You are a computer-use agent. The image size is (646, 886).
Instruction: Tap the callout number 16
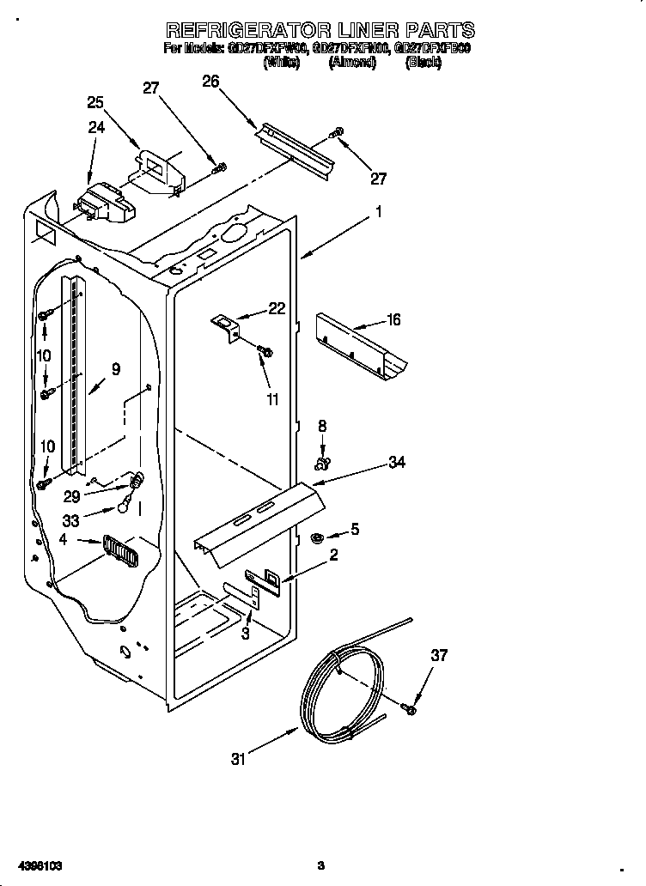tap(393, 320)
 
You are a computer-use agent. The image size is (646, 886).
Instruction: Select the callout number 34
tap(397, 463)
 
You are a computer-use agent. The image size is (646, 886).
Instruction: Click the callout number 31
tap(238, 758)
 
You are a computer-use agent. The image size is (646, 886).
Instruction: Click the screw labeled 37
tap(409, 709)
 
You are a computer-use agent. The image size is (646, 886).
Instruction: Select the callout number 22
tap(277, 309)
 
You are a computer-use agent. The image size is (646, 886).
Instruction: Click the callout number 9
tap(115, 369)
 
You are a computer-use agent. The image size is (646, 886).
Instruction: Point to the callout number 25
tap(95, 102)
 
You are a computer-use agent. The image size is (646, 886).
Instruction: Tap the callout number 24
tap(95, 128)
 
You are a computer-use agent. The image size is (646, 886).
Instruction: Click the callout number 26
tap(210, 82)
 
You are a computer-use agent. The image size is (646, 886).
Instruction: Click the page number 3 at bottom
tap(320, 865)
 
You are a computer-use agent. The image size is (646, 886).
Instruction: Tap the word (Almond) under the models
tap(352, 63)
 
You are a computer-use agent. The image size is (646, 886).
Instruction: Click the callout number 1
tap(379, 211)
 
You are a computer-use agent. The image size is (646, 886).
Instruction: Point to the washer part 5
tap(315, 538)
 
